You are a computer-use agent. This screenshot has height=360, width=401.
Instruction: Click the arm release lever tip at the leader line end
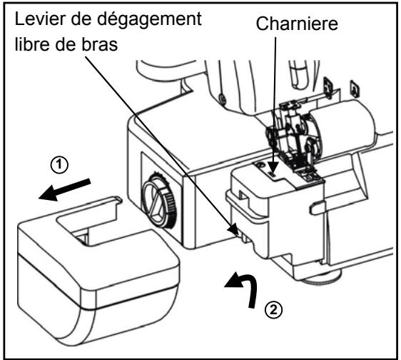click(236, 229)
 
